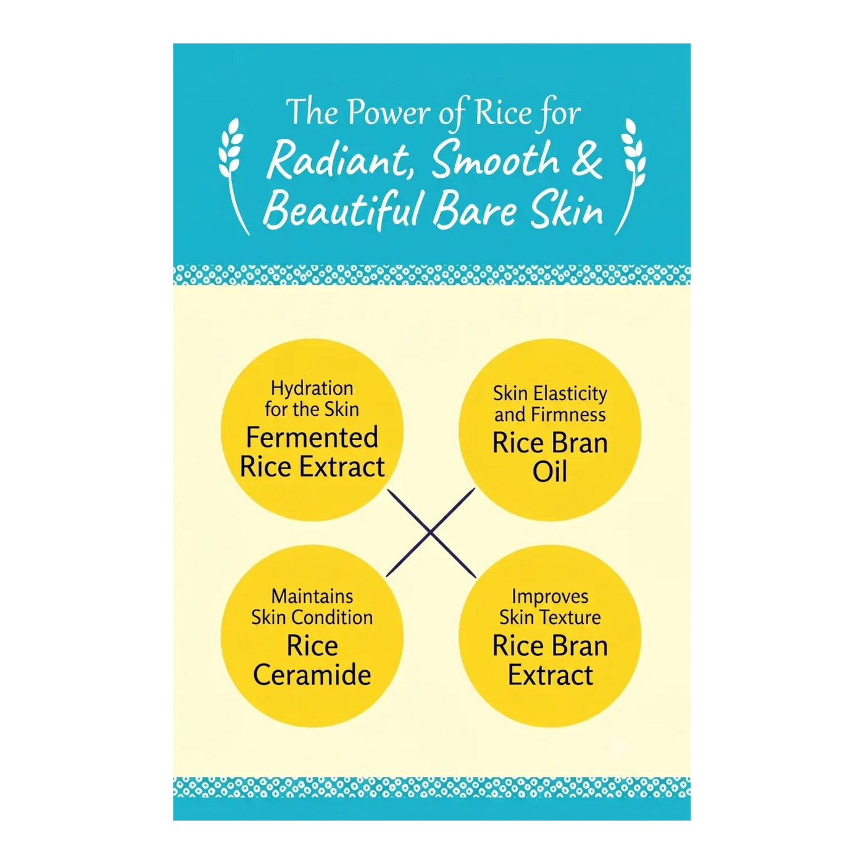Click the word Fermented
pos(312,438)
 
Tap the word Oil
pos(550,471)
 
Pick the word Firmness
pos(568,415)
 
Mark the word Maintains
pos(312,597)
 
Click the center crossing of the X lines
pos(430,532)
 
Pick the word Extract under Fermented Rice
pos(342,467)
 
